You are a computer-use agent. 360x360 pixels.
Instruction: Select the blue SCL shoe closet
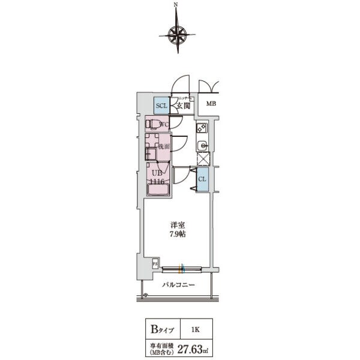coord(161,106)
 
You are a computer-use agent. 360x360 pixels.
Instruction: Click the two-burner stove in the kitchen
coord(202,127)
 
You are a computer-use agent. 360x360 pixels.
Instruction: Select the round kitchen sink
coord(202,145)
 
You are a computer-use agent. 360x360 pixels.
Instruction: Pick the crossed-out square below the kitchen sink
coord(202,160)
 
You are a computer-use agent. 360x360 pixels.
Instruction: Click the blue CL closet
coord(202,179)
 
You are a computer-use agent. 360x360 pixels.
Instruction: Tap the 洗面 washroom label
coord(164,146)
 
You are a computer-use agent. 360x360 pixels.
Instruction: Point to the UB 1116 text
coord(157,176)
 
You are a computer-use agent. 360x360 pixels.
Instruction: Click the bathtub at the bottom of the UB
coord(158,190)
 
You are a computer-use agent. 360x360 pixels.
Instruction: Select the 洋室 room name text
coord(176,225)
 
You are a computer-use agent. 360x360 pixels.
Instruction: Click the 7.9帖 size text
coord(176,234)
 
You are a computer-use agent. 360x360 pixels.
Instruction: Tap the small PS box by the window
coord(155,263)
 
